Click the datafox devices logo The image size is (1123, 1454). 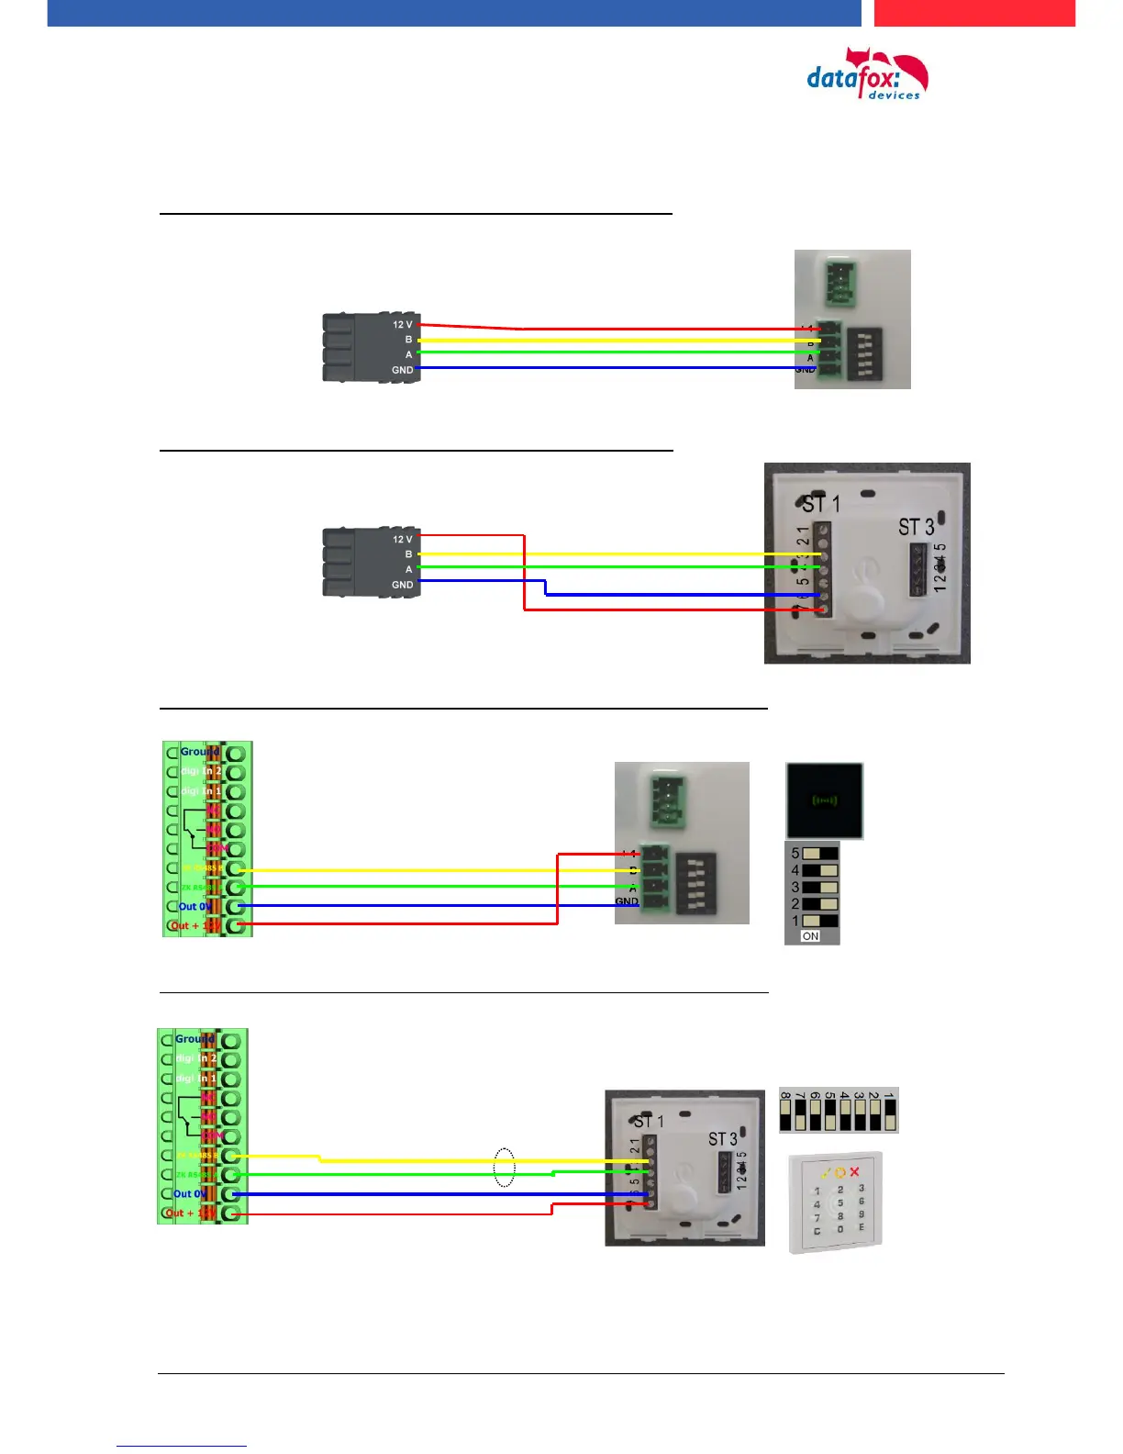point(866,75)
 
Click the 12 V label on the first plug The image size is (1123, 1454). point(402,325)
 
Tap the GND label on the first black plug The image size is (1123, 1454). point(402,370)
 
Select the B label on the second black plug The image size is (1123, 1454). point(408,554)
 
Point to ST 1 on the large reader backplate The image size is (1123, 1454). point(820,504)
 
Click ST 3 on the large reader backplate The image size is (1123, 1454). point(916,527)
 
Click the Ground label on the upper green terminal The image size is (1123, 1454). point(199,752)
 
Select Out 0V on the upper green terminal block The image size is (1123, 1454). point(194,906)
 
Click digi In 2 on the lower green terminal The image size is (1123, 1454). point(195,1058)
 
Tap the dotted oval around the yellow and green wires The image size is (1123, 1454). point(504,1167)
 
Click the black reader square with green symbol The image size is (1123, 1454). point(824,800)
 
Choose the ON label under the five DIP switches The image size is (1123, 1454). point(810,936)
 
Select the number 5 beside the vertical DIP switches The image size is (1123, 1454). point(795,853)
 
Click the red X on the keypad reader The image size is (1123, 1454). point(854,1172)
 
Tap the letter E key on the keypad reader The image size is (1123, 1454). point(861,1227)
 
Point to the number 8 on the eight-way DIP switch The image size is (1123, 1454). point(785,1096)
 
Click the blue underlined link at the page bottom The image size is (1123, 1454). point(181,1445)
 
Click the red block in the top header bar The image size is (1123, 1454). point(973,13)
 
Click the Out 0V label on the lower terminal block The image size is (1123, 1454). point(189,1194)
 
